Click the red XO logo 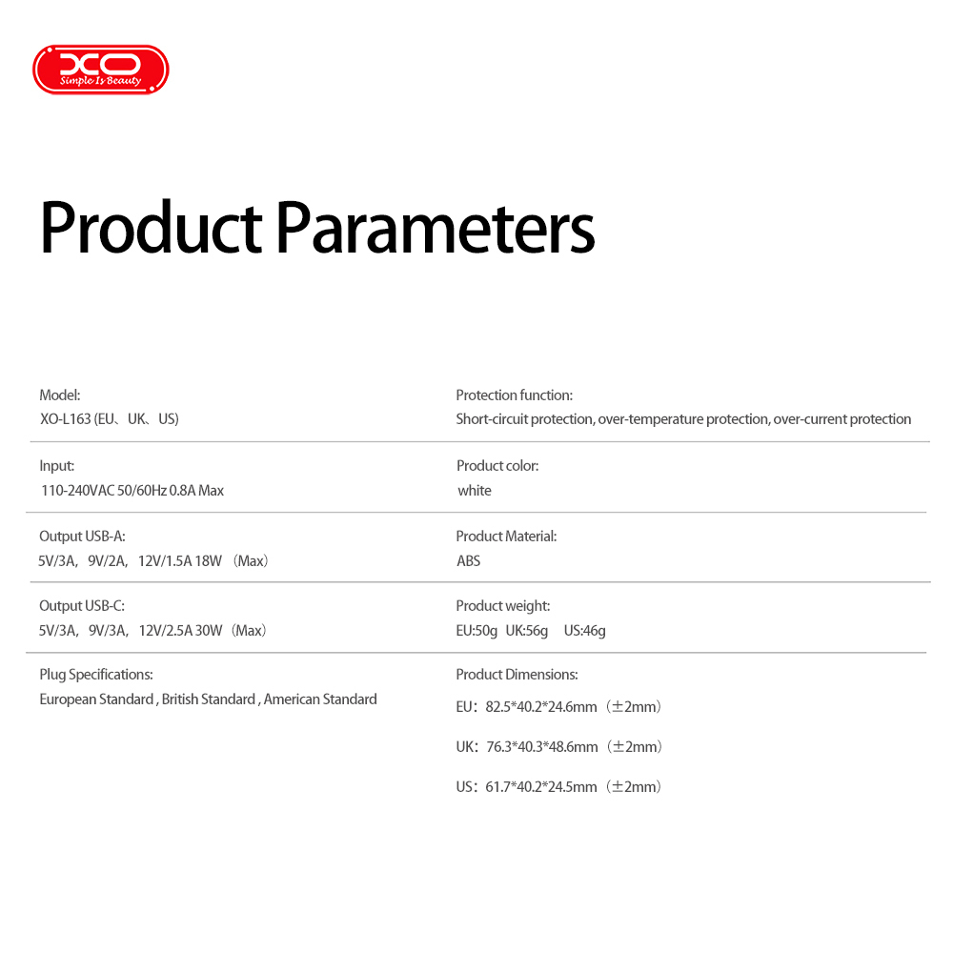[101, 70]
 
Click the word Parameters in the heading [436, 227]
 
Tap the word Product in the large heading [152, 227]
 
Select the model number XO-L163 [65, 419]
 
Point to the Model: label [59, 395]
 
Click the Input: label [56, 466]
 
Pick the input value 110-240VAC [78, 491]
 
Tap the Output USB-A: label [82, 536]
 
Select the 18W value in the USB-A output [209, 561]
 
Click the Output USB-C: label [82, 606]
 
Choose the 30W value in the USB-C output [209, 631]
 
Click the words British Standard [209, 700]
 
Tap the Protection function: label [515, 395]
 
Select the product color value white [474, 491]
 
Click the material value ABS [468, 561]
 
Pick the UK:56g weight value [527, 631]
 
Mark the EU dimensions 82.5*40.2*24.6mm [541, 707]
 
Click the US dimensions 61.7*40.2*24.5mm [541, 787]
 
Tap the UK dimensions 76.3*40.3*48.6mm [542, 747]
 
